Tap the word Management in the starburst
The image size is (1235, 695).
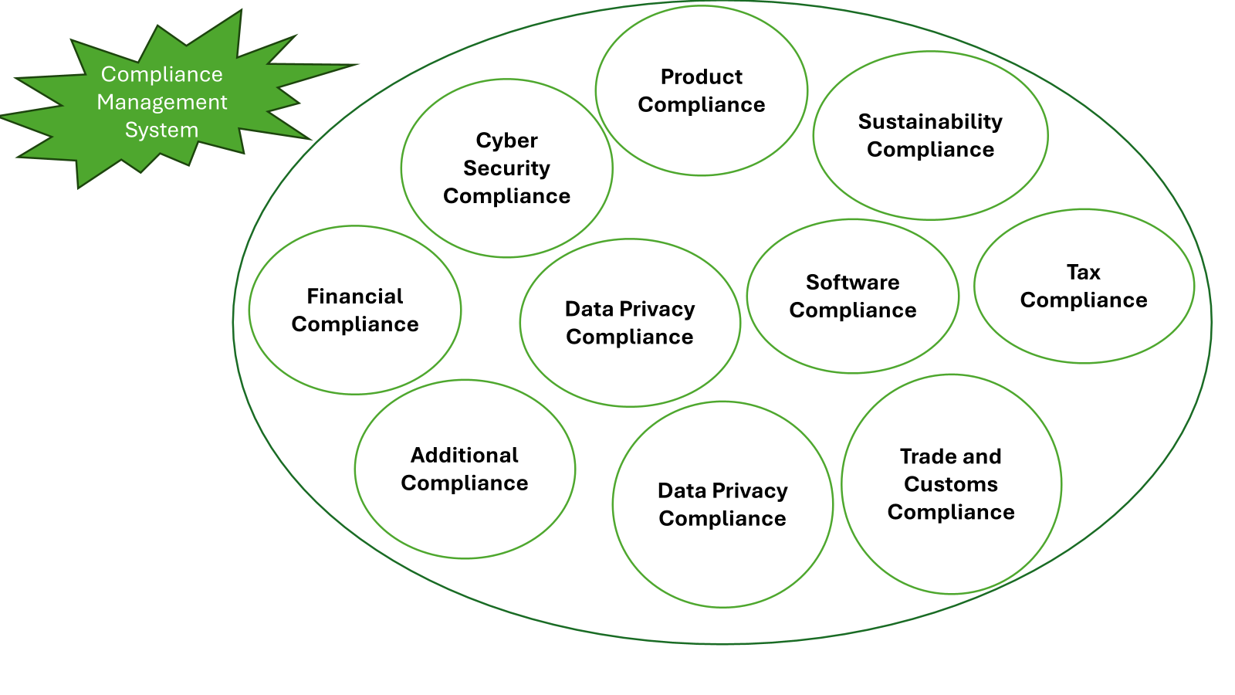pos(162,102)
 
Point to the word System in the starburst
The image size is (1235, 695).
pos(162,130)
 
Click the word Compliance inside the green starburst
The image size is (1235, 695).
pos(162,74)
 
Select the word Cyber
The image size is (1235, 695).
pos(506,141)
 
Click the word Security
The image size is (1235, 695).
pos(506,168)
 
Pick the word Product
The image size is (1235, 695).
pos(701,77)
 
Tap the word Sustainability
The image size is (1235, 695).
pos(930,122)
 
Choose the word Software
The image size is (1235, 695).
pos(852,283)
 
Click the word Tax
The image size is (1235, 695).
pos(1083,273)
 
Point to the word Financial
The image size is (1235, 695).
pos(354,297)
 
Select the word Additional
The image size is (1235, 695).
pos(464,456)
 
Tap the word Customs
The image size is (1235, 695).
pos(950,485)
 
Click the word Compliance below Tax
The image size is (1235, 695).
pos(1083,300)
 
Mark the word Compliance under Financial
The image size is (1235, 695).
pos(354,324)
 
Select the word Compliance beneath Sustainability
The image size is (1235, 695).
pos(930,150)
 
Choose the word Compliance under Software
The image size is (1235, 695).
pos(852,310)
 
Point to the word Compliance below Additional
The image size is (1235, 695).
pos(464,483)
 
